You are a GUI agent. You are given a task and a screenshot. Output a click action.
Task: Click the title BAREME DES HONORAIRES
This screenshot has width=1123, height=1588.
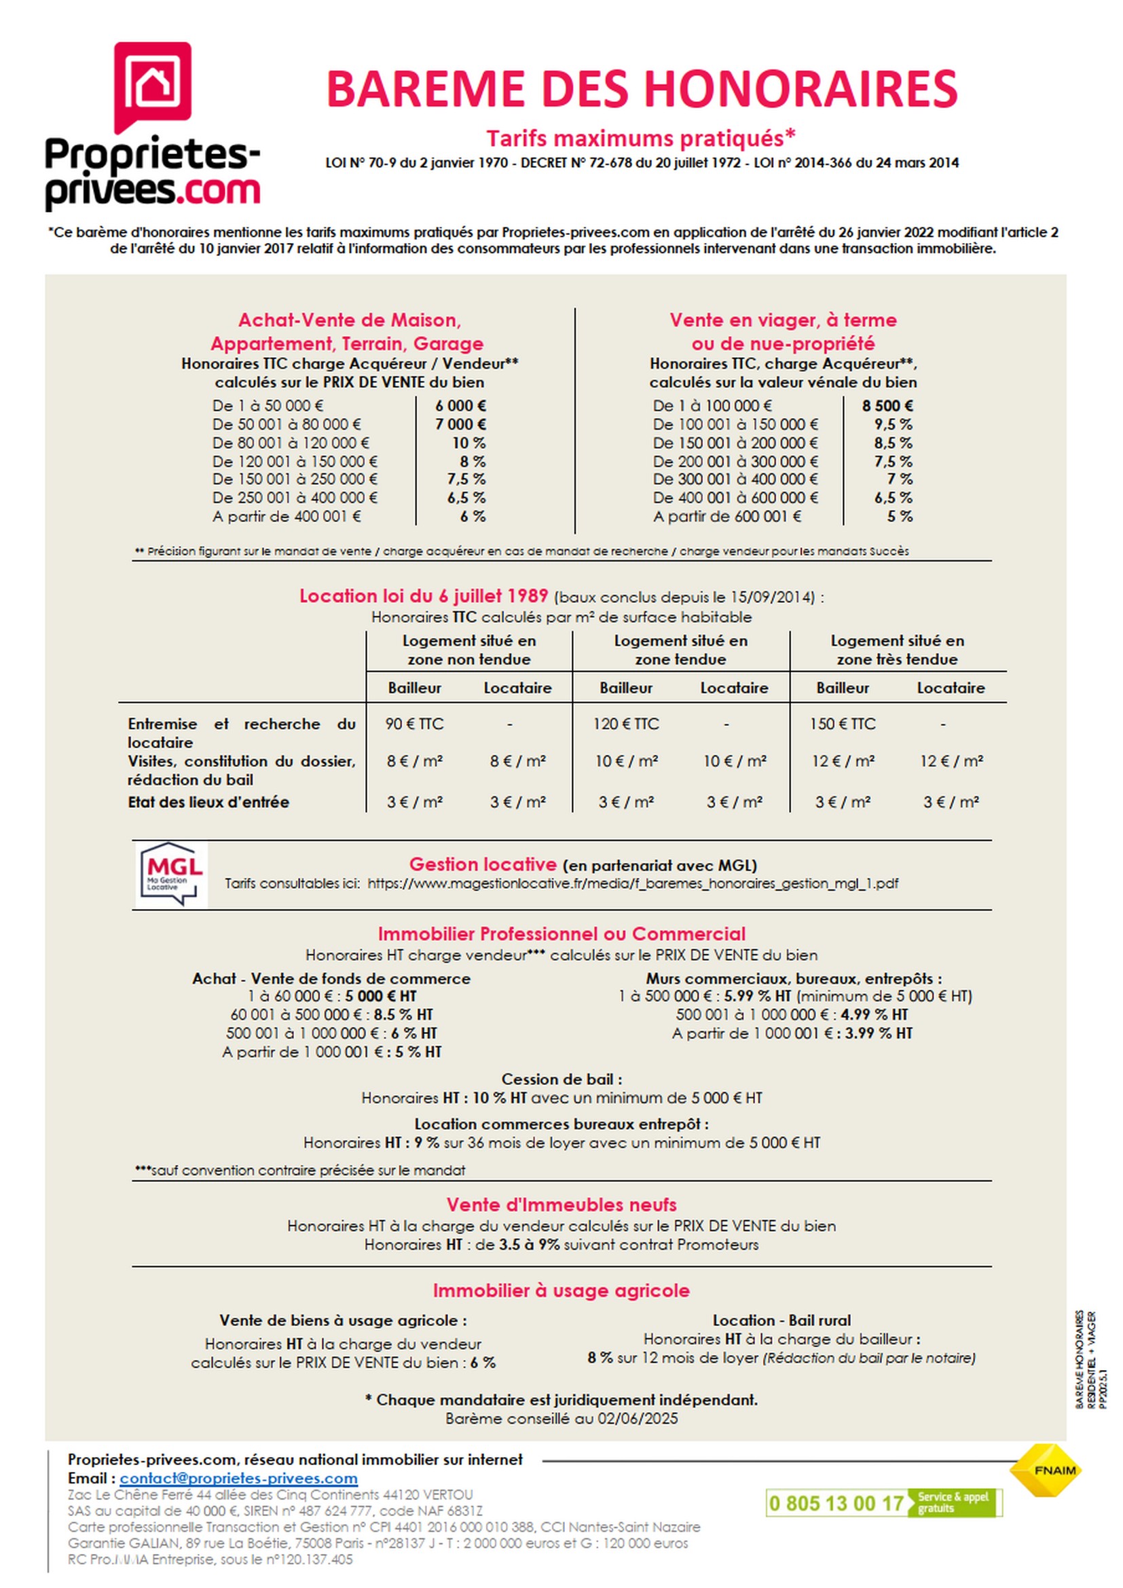tap(641, 89)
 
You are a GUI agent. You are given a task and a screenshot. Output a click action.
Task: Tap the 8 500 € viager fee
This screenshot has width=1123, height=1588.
tap(887, 406)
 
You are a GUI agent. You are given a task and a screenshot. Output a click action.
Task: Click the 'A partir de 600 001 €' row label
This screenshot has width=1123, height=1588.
tap(726, 517)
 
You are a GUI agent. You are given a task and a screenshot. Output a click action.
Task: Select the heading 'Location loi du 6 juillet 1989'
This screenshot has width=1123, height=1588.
tap(423, 596)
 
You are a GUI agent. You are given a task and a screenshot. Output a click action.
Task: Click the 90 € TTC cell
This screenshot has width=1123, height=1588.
tap(414, 724)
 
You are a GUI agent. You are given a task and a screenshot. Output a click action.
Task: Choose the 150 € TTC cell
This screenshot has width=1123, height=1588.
tap(842, 724)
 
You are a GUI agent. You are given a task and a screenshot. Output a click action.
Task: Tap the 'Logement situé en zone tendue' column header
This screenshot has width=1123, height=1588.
tap(680, 650)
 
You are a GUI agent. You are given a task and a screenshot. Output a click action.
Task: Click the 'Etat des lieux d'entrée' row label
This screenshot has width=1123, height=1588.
tap(208, 802)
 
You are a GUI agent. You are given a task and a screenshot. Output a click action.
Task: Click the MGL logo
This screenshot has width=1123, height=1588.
tap(171, 874)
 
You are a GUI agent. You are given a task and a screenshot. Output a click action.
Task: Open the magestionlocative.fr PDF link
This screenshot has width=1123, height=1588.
tap(633, 884)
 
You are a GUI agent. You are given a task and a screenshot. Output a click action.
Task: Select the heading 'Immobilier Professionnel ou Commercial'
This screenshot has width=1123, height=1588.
tap(561, 934)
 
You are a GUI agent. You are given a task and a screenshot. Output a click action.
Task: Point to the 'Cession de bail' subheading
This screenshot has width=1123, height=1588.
tap(561, 1079)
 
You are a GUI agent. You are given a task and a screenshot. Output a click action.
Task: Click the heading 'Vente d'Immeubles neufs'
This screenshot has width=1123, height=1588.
tap(561, 1205)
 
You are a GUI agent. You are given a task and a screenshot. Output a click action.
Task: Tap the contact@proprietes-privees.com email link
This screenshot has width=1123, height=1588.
tap(238, 1479)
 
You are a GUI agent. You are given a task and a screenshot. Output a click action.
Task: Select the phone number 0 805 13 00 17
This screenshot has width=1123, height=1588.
tap(836, 1504)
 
